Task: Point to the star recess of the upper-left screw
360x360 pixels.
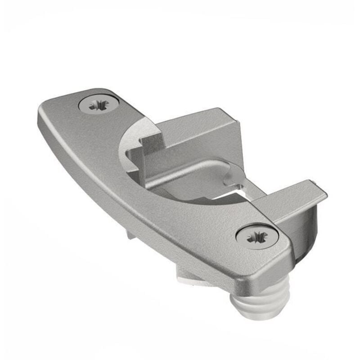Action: (x=98, y=105)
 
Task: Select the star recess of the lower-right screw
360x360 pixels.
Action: (x=257, y=236)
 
